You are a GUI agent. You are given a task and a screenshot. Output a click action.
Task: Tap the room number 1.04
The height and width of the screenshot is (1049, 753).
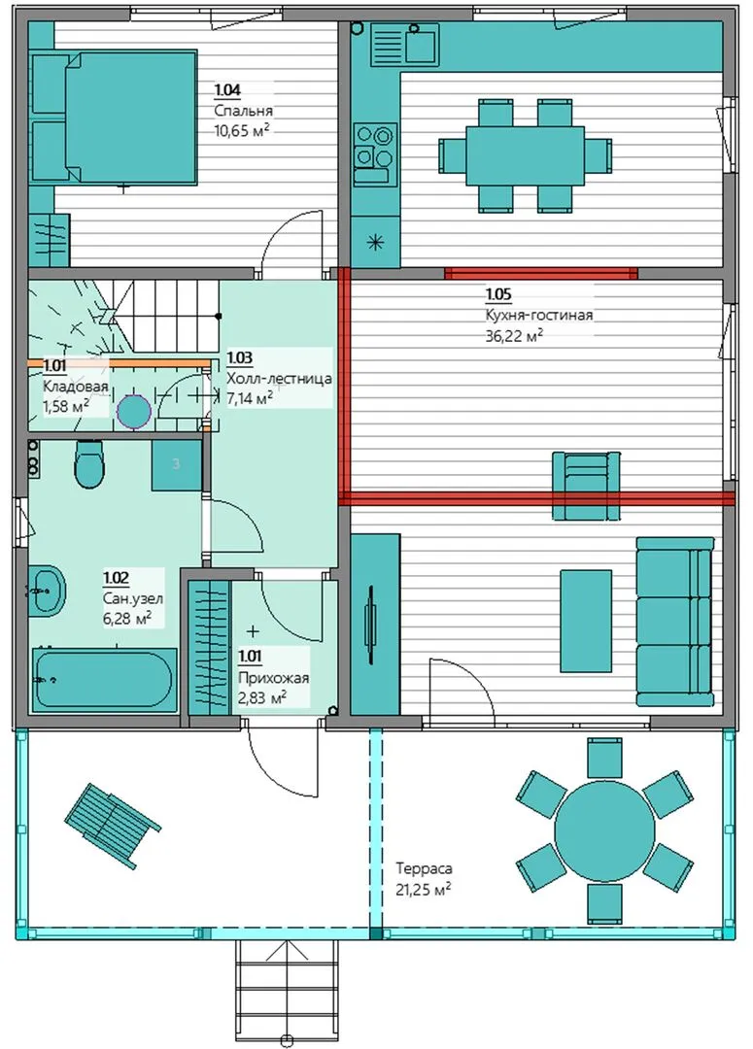pyautogui.click(x=227, y=89)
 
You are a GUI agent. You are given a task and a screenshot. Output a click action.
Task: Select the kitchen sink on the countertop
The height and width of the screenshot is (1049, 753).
pyautogui.click(x=404, y=43)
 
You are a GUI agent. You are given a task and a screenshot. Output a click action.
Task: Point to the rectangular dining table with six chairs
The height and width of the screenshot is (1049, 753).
pyautogui.click(x=526, y=155)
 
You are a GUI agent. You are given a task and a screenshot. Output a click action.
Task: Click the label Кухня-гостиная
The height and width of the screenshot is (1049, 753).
pyautogui.click(x=539, y=315)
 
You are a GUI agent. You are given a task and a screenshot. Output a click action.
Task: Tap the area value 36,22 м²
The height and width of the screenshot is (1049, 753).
pyautogui.click(x=513, y=336)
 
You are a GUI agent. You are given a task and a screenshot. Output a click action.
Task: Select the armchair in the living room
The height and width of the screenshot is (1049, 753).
pyautogui.click(x=586, y=486)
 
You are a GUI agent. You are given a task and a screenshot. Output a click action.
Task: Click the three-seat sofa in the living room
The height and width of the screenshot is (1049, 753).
pyautogui.click(x=674, y=622)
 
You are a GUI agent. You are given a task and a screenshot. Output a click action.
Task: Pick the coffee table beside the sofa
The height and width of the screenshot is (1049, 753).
pyautogui.click(x=586, y=621)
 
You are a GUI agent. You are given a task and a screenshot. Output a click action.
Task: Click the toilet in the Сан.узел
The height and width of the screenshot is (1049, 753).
pyautogui.click(x=89, y=463)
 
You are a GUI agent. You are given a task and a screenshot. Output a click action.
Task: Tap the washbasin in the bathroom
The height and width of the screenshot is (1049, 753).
pyautogui.click(x=47, y=589)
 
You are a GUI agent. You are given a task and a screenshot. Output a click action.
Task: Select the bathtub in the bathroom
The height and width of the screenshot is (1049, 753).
pyautogui.click(x=104, y=680)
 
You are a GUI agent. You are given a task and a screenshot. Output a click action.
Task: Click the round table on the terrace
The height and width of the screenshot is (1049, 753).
pyautogui.click(x=604, y=830)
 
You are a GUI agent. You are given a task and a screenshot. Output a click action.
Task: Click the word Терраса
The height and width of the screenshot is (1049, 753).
pyautogui.click(x=424, y=868)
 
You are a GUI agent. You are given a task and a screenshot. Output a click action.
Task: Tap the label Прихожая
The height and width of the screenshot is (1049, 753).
pyautogui.click(x=273, y=678)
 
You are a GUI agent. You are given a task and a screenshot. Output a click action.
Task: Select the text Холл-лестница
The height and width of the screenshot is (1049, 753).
pyautogui.click(x=279, y=379)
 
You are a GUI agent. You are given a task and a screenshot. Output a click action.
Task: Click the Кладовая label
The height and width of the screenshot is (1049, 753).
pyautogui.click(x=75, y=387)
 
